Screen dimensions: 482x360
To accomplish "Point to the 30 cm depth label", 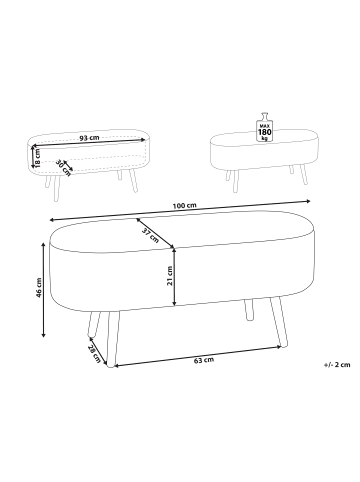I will (63, 166).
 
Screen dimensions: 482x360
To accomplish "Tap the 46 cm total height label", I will (38, 290).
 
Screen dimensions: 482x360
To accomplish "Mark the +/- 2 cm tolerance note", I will (338, 367).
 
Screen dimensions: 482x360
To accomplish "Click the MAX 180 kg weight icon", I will (265, 126).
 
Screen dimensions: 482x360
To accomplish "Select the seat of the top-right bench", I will (260, 148).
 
